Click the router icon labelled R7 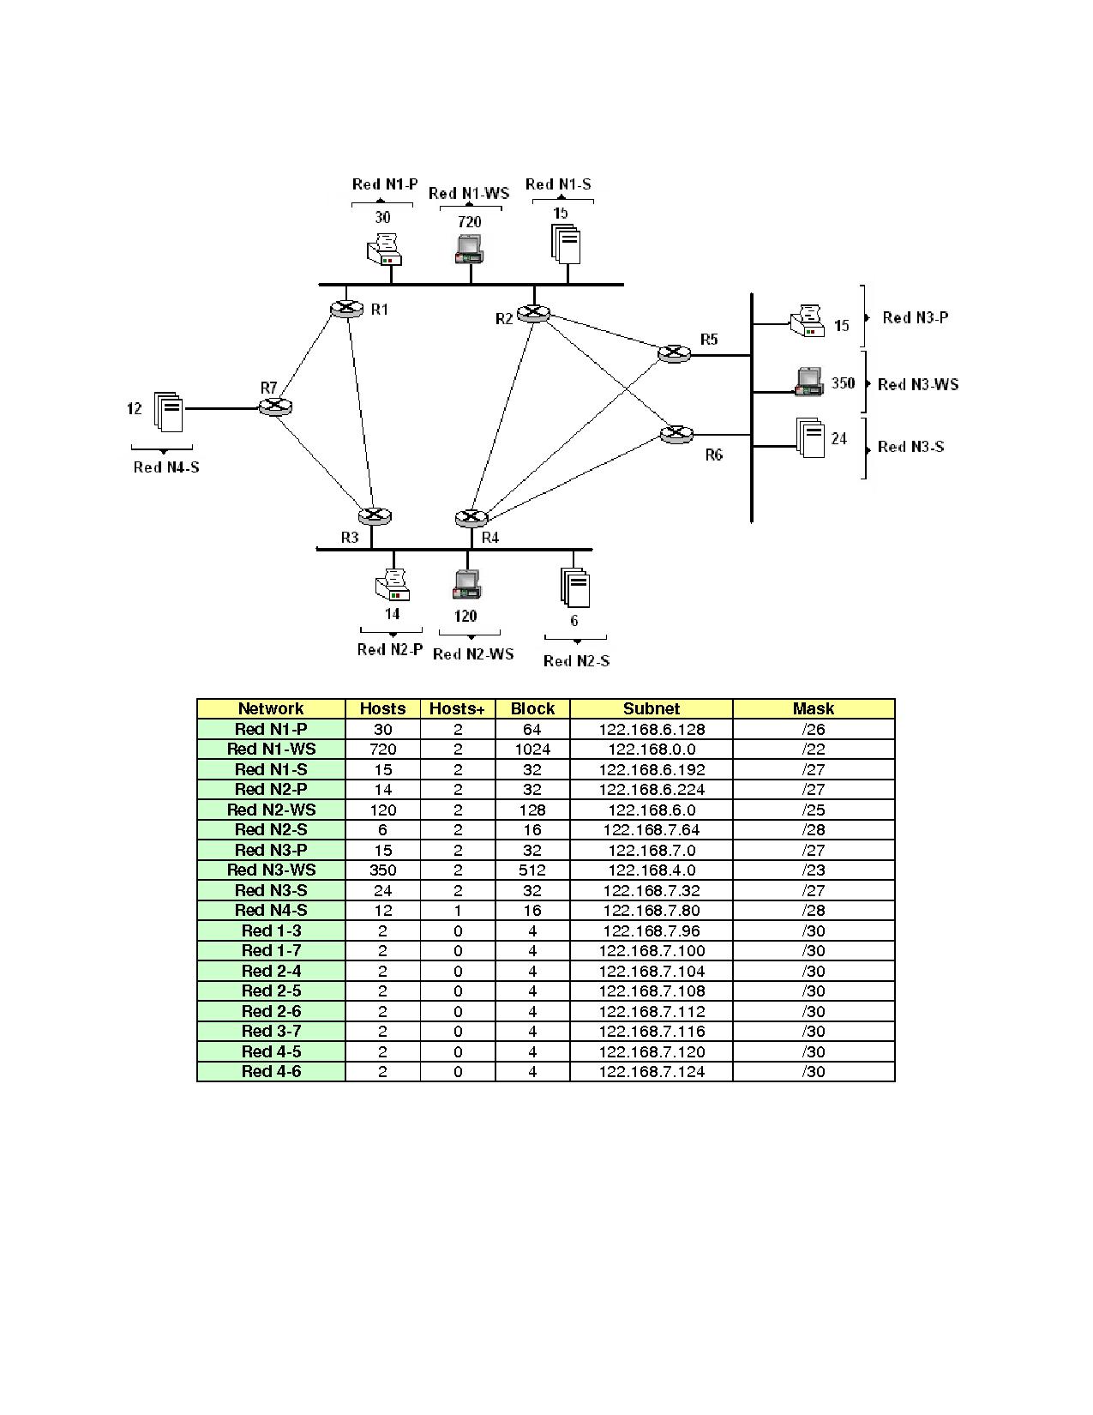coord(276,407)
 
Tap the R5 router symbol coord(675,353)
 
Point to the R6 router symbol coord(677,435)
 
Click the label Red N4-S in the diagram coord(166,467)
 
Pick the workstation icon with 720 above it coord(469,249)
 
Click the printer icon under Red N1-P coord(385,249)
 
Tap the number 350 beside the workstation coord(843,383)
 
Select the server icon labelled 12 coord(169,412)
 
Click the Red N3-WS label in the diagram coord(918,384)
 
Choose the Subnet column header coord(652,708)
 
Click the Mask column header coord(813,708)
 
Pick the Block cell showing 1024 coord(532,750)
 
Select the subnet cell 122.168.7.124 coord(652,1072)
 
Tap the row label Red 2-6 coord(271,1011)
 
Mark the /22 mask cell coord(813,750)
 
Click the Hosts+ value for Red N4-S coord(458,911)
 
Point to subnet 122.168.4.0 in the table coord(652,870)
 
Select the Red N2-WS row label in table coord(271,810)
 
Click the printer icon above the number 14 coord(393,587)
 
